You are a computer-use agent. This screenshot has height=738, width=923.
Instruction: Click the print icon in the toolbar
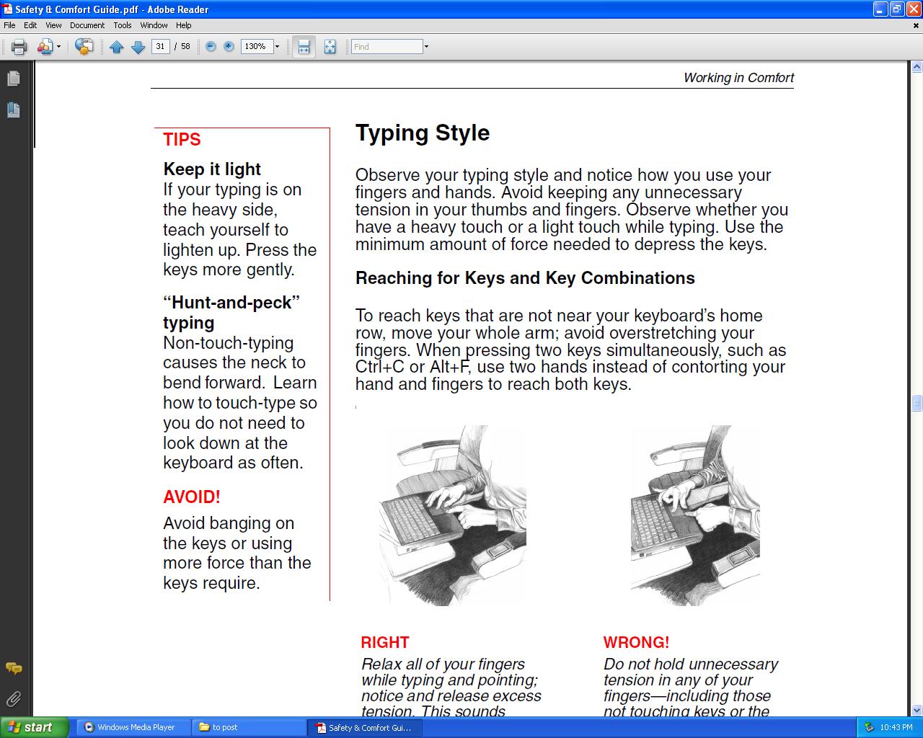tap(19, 47)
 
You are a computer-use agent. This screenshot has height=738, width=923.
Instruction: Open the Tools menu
tap(122, 25)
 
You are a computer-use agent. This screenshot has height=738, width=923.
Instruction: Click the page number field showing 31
tap(160, 46)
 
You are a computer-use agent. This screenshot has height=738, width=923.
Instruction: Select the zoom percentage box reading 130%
tap(255, 46)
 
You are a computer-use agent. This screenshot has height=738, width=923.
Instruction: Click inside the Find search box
tap(386, 47)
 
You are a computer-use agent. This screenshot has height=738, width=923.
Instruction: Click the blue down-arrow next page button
tap(138, 48)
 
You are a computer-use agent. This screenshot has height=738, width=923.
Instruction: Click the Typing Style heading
tap(423, 133)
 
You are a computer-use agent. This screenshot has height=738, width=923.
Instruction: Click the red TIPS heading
tap(182, 140)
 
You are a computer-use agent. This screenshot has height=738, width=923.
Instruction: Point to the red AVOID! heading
tap(192, 497)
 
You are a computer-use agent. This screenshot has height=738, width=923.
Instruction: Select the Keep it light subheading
tap(212, 169)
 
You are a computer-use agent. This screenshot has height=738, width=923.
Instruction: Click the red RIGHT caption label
tap(385, 642)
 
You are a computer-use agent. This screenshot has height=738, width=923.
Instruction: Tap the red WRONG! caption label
tap(636, 642)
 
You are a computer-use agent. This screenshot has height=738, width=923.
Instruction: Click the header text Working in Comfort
tap(738, 78)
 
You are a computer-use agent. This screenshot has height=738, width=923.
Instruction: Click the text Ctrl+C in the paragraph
tap(379, 367)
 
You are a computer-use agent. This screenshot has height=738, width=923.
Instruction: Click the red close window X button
tap(913, 9)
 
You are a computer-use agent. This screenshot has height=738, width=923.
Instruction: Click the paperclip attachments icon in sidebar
tap(13, 698)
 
